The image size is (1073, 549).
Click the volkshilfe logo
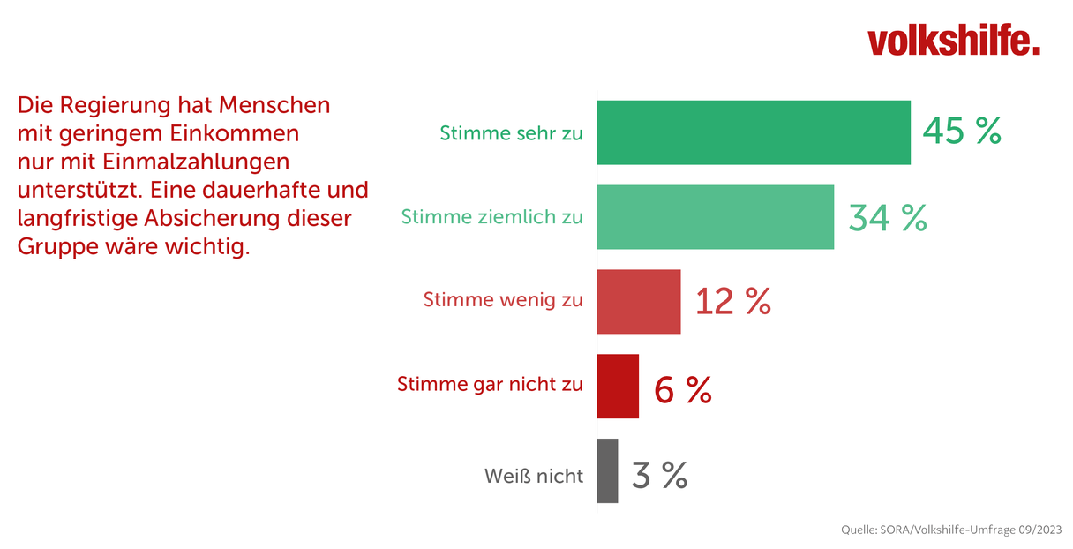point(953,40)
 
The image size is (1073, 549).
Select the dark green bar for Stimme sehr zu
point(754,132)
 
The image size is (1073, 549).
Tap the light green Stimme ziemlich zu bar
point(715,217)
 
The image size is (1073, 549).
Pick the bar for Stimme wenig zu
point(639,301)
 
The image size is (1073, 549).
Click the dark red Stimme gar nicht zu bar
point(618,386)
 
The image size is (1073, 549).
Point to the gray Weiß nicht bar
point(607,471)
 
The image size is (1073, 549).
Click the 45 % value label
point(962,131)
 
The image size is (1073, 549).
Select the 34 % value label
point(888,218)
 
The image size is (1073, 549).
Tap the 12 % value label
point(733,301)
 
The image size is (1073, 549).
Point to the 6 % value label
point(683,390)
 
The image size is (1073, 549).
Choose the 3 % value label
point(660,475)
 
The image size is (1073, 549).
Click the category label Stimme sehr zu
point(511,133)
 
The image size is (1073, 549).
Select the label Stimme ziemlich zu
point(492,217)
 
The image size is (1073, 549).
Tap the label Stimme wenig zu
point(503,300)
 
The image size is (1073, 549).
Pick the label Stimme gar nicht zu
point(490,384)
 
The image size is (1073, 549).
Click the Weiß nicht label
point(534,477)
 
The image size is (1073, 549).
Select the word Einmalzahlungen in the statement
point(195,162)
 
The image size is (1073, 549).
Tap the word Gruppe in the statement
point(57,247)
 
